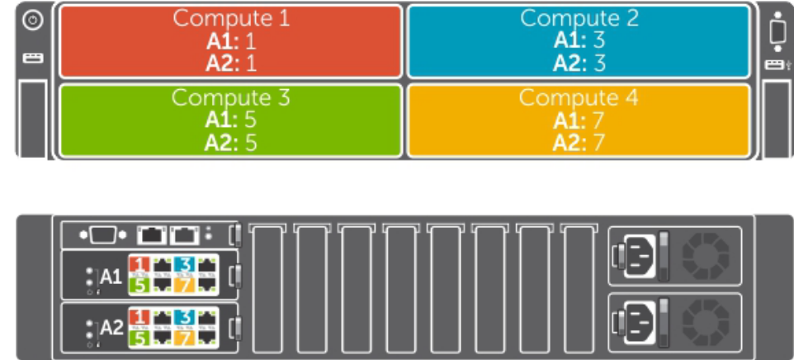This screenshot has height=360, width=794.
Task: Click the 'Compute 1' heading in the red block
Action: click(x=230, y=18)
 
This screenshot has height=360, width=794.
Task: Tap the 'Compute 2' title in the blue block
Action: click(x=579, y=18)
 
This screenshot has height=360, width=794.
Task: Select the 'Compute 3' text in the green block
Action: click(x=230, y=97)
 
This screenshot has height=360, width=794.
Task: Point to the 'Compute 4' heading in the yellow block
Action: click(x=579, y=97)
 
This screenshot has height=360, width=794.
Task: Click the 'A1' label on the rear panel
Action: click(x=111, y=276)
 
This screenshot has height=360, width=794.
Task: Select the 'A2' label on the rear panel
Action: click(x=111, y=328)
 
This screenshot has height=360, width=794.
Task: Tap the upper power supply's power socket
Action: click(x=639, y=256)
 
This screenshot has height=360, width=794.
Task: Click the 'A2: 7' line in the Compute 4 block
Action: click(x=579, y=142)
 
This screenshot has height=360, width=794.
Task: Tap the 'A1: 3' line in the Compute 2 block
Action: click(x=579, y=40)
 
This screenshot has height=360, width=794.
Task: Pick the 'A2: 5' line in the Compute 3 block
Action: click(x=230, y=142)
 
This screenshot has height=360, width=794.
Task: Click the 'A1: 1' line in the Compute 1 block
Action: click(x=230, y=40)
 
